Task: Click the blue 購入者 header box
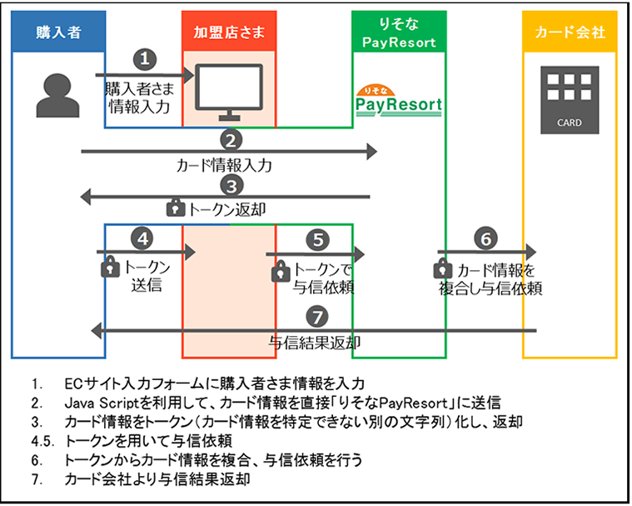pyautogui.click(x=58, y=32)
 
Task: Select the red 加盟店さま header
pyautogui.click(x=229, y=32)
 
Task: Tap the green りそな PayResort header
pyautogui.click(x=399, y=32)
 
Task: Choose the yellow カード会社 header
pyautogui.click(x=570, y=32)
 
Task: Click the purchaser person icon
pyautogui.click(x=57, y=96)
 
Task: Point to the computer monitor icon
pyautogui.click(x=229, y=93)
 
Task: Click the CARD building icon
pyautogui.click(x=570, y=100)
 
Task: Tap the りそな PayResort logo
pyautogui.click(x=399, y=101)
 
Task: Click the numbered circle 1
pyautogui.click(x=145, y=59)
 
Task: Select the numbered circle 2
pyautogui.click(x=231, y=141)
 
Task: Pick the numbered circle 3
pyautogui.click(x=231, y=187)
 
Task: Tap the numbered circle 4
pyautogui.click(x=142, y=239)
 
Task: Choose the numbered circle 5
pyautogui.click(x=318, y=240)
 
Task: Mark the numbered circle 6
pyautogui.click(x=486, y=239)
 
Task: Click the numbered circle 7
pyautogui.click(x=317, y=317)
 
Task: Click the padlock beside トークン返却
pyautogui.click(x=176, y=208)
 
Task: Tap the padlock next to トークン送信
pyautogui.click(x=110, y=266)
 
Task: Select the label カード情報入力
pyautogui.click(x=224, y=165)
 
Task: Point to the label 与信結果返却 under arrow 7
pyautogui.click(x=315, y=343)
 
